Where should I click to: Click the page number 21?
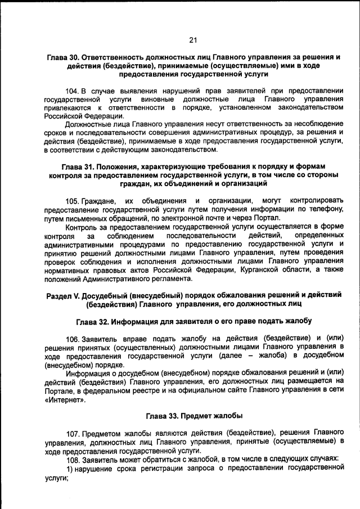192,40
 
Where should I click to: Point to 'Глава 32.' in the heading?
93,321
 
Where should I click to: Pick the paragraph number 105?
72,201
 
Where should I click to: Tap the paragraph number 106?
72,339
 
